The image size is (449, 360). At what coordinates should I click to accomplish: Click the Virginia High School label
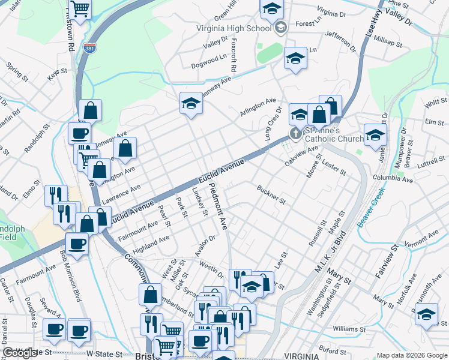[234, 28]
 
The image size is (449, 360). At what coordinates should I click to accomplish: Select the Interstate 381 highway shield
[89, 48]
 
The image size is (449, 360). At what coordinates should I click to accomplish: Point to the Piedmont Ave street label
[218, 206]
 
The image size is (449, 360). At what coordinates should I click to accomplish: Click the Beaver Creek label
[370, 206]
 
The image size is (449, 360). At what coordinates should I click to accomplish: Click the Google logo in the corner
[20, 353]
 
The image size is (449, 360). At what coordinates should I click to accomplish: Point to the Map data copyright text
[411, 355]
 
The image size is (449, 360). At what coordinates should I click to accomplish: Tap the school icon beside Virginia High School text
[280, 28]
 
